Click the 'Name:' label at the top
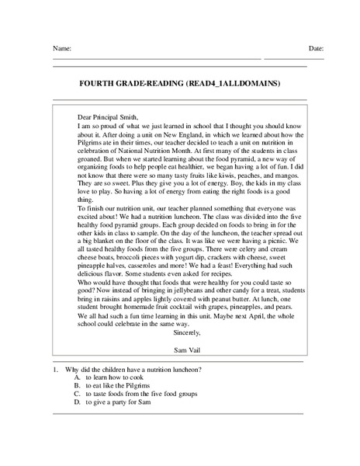point(63,48)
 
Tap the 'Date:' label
point(316,48)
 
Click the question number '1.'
point(57,370)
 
